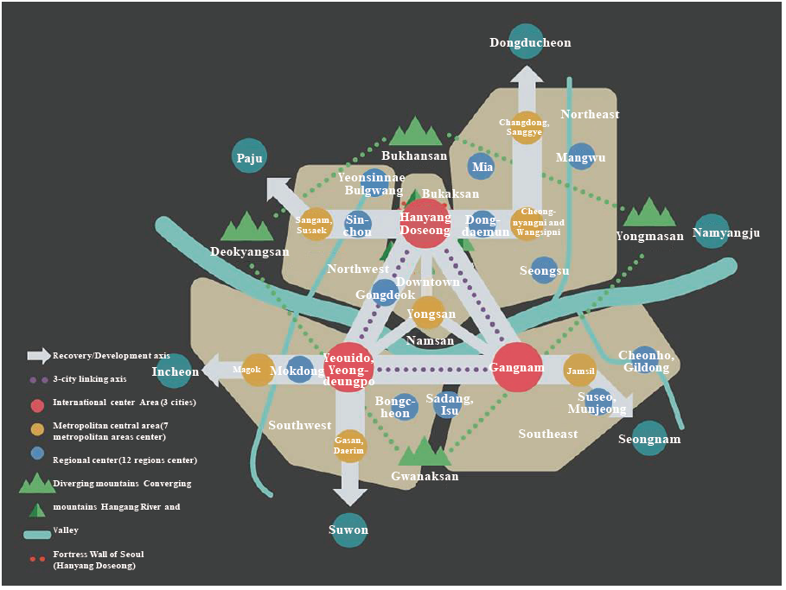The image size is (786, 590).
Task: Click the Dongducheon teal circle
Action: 529,43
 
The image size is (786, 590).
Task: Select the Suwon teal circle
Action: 349,529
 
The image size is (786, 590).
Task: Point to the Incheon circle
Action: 176,371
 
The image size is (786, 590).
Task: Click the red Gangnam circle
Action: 517,368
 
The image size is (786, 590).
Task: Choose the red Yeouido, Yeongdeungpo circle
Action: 349,368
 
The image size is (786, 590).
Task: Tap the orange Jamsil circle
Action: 580,371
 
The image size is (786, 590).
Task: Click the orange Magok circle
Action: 258,371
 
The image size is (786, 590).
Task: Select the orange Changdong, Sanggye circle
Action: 526,128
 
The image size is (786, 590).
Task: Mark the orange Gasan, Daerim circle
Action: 350,446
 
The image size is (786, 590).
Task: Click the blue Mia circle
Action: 482,167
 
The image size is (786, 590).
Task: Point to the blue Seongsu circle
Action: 544,270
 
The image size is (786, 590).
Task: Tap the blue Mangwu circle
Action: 581,156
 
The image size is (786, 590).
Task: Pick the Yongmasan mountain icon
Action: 649,213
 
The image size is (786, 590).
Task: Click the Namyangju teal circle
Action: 712,232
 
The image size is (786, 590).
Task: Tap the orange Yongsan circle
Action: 430,313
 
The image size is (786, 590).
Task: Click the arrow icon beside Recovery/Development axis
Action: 39,355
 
